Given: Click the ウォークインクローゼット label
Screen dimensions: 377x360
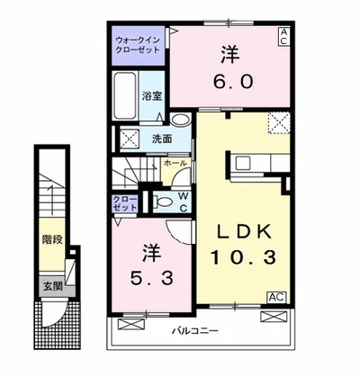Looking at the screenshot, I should click(137, 45).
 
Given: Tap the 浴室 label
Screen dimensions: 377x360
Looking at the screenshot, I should click(150, 94).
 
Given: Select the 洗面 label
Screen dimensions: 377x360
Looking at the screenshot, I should click(162, 139).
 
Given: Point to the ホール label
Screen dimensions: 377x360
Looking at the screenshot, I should click(175, 163).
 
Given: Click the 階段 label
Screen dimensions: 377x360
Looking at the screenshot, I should click(51, 241).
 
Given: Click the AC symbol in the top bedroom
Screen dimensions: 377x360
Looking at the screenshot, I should click(283, 36).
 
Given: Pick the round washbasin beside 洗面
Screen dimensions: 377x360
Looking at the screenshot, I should click(179, 121).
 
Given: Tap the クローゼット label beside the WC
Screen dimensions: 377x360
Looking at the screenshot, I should click(126, 202).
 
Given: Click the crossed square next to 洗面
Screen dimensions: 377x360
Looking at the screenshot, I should click(130, 139).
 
